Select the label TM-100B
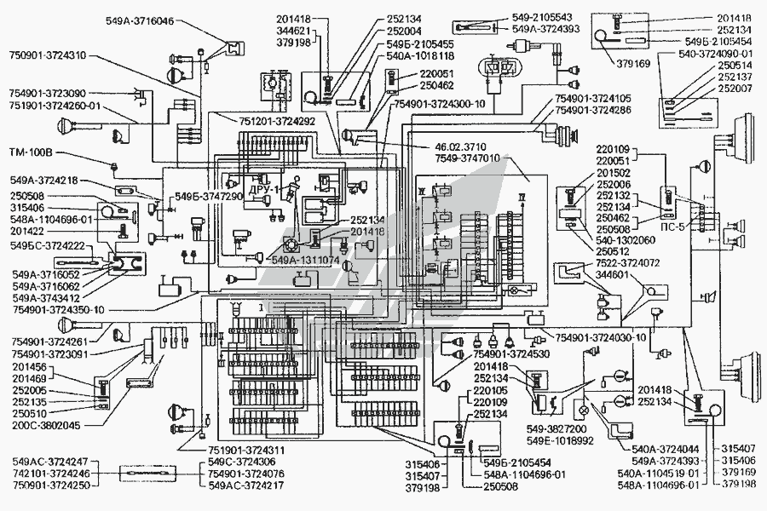31,152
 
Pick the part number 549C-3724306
245,462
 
